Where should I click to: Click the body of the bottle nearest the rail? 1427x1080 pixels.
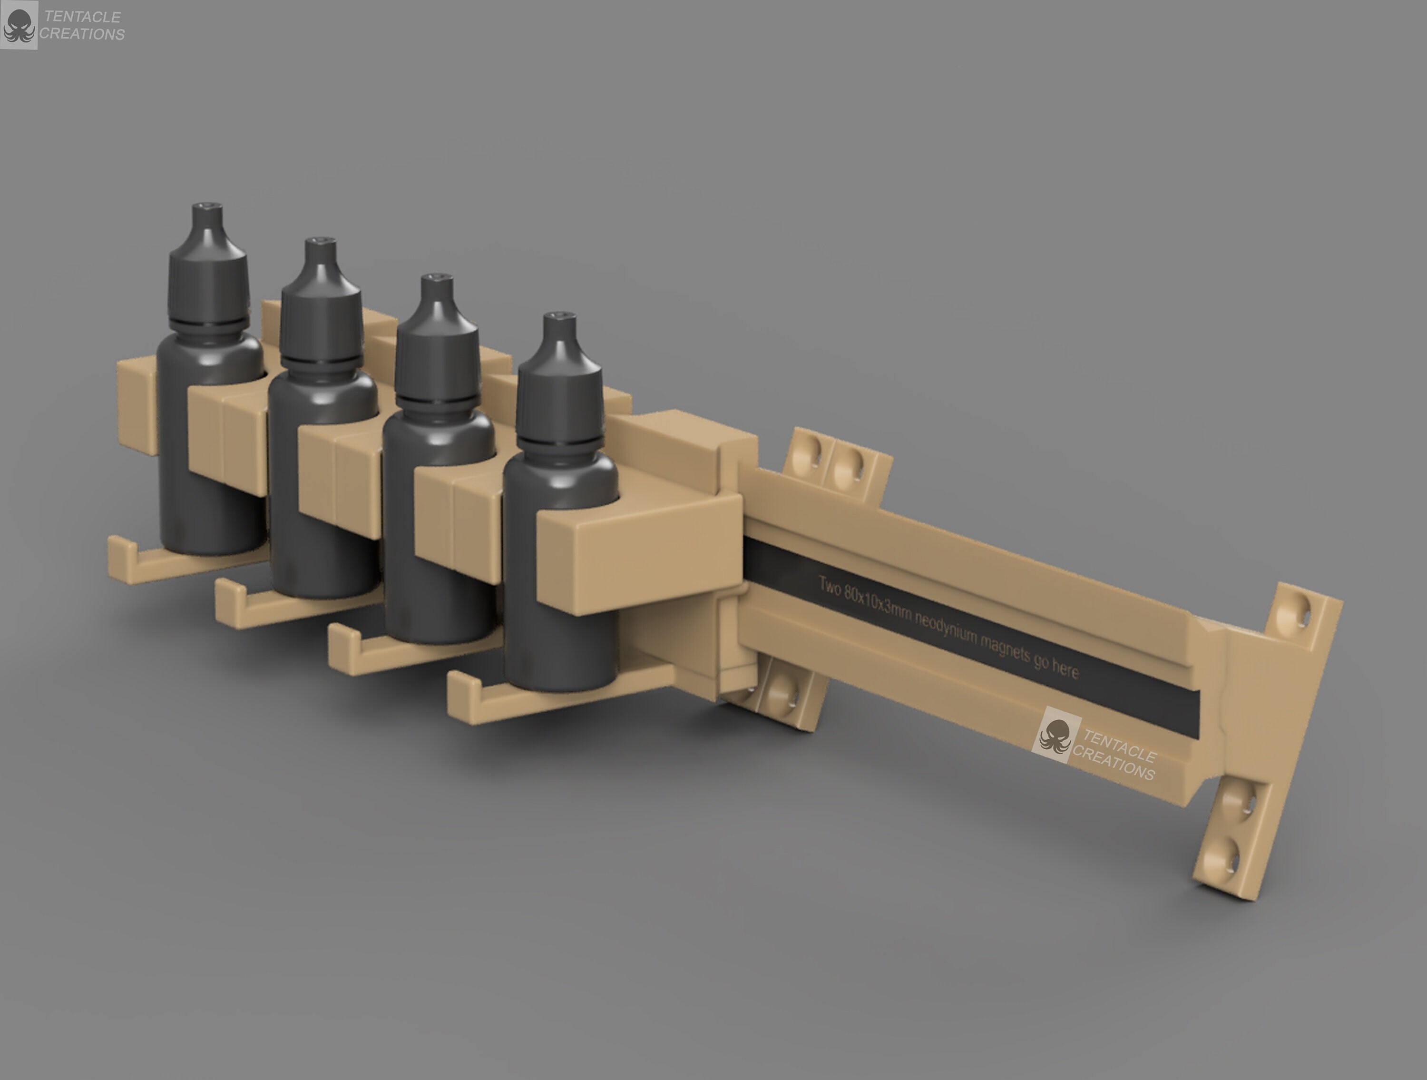(560, 580)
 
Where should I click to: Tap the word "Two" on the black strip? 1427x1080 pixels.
(830, 586)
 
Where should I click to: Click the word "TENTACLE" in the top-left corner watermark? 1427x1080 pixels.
(83, 17)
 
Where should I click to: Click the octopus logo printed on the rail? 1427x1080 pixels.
(1056, 737)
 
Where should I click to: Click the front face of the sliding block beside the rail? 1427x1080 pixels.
(639, 558)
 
